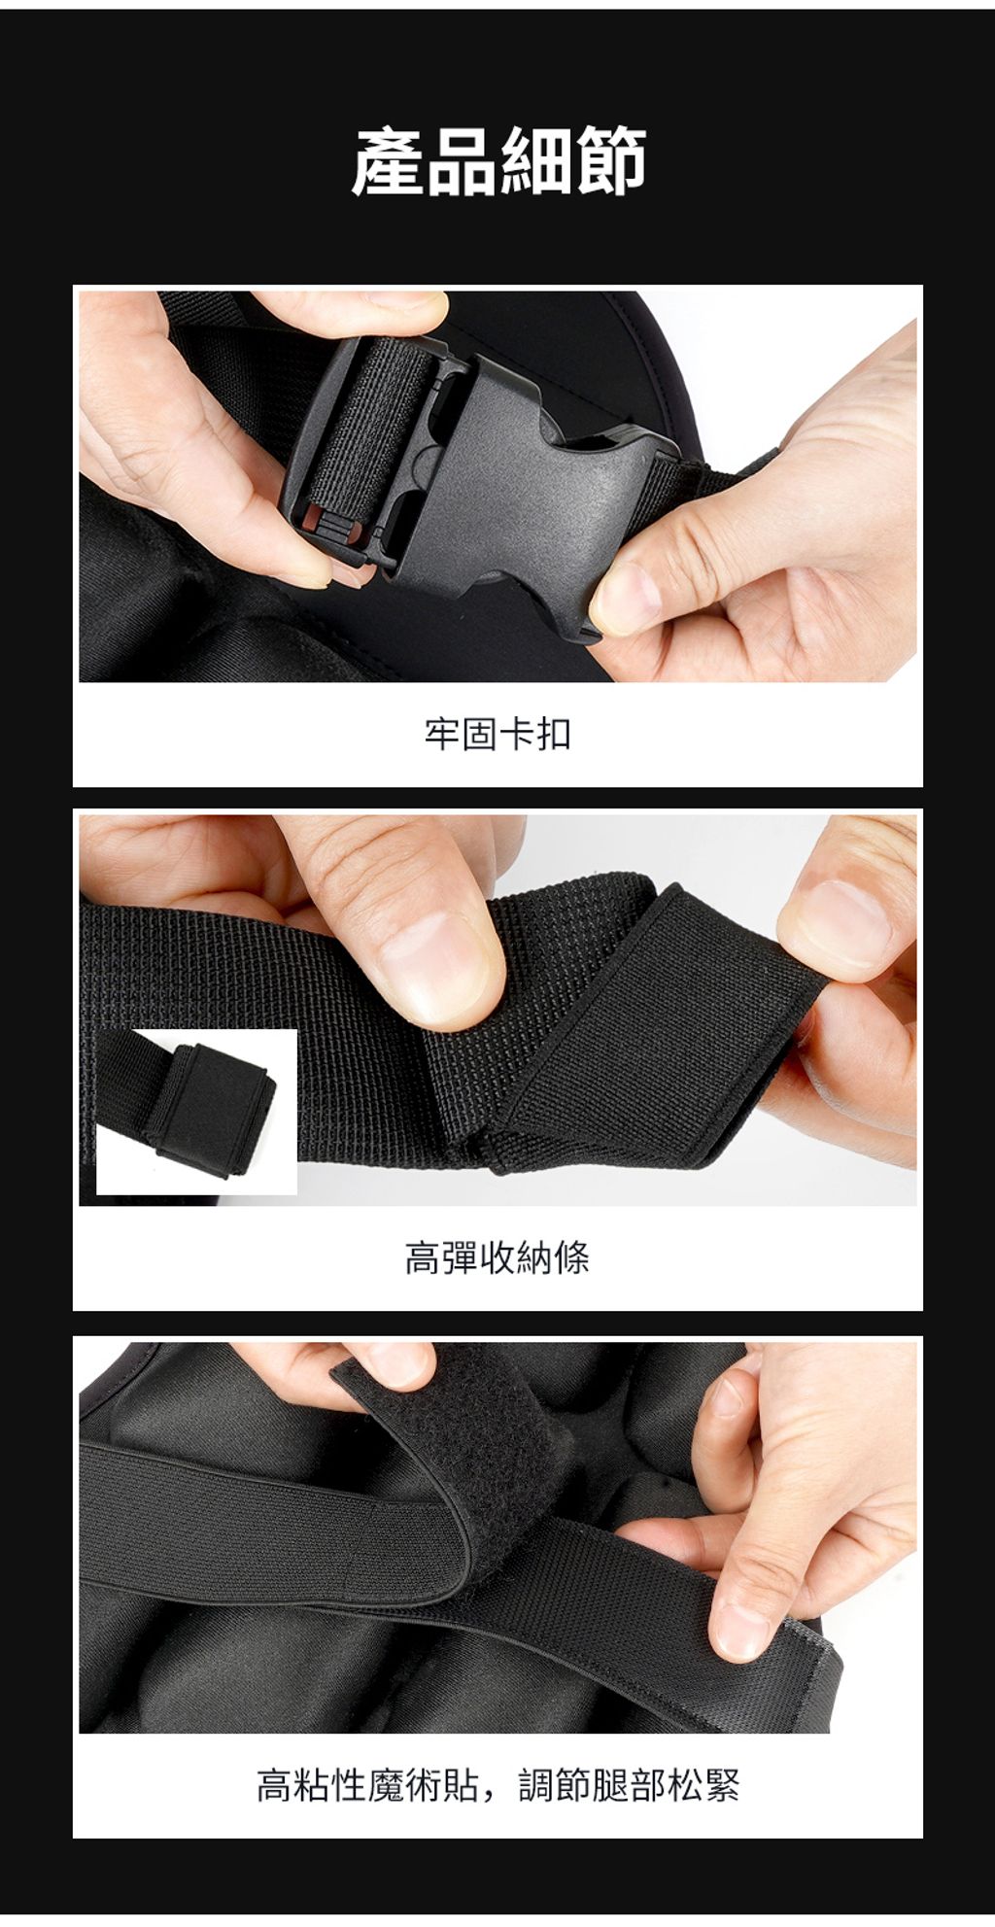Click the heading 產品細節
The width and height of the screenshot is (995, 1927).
point(497,161)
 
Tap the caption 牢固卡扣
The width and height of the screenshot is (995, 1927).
point(497,734)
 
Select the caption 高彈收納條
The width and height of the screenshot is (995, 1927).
point(497,1258)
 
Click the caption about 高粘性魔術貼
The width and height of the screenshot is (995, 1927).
point(497,1785)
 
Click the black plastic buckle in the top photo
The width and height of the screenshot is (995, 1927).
point(486,486)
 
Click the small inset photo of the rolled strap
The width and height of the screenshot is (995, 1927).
point(196,1111)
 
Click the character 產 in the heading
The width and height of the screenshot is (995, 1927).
point(388,161)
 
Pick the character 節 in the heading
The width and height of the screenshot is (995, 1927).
point(609,161)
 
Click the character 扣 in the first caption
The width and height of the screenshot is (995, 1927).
point(554,734)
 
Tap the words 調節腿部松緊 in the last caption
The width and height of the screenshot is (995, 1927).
point(629,1785)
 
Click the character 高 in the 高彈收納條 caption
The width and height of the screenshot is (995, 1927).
point(424,1258)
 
